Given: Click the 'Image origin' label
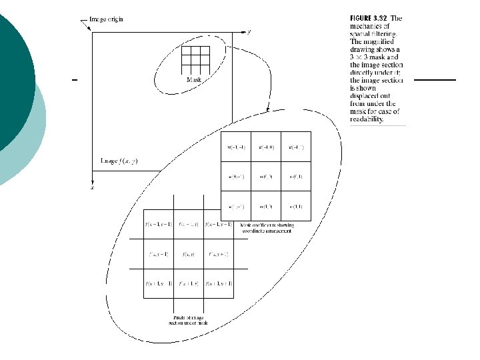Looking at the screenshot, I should (107, 19).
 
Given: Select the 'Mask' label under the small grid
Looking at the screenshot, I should (193, 79).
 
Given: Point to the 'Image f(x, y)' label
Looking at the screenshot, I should (123, 161).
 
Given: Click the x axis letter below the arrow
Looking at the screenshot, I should (91, 188).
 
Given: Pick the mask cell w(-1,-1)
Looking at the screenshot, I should (236, 147).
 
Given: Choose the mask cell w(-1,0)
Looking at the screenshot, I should (266, 147).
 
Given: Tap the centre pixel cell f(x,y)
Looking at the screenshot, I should (190, 254).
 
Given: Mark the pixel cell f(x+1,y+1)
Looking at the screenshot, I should (219, 284).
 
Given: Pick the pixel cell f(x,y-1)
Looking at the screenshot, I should (159, 254).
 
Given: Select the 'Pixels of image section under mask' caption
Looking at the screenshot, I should (188, 321).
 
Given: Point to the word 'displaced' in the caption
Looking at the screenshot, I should (365, 96).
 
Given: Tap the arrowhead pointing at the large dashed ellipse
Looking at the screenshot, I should (267, 108).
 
